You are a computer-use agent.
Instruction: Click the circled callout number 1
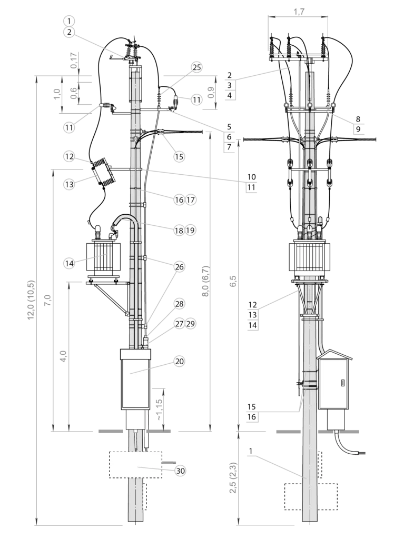68,21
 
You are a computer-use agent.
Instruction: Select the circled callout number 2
68,32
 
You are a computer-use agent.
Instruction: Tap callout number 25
196,67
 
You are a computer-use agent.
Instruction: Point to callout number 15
179,156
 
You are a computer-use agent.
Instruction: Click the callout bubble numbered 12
69,156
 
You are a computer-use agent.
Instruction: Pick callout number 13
69,184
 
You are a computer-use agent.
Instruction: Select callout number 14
69,262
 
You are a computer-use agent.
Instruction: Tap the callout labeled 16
179,199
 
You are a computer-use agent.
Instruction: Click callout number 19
190,230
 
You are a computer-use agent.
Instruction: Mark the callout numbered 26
179,267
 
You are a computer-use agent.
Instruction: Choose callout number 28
179,304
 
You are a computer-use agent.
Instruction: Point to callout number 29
190,324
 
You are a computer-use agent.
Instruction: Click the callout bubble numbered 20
179,361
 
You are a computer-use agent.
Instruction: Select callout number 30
180,471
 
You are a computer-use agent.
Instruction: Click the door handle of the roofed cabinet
342,383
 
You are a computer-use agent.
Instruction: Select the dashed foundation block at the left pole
135,465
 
